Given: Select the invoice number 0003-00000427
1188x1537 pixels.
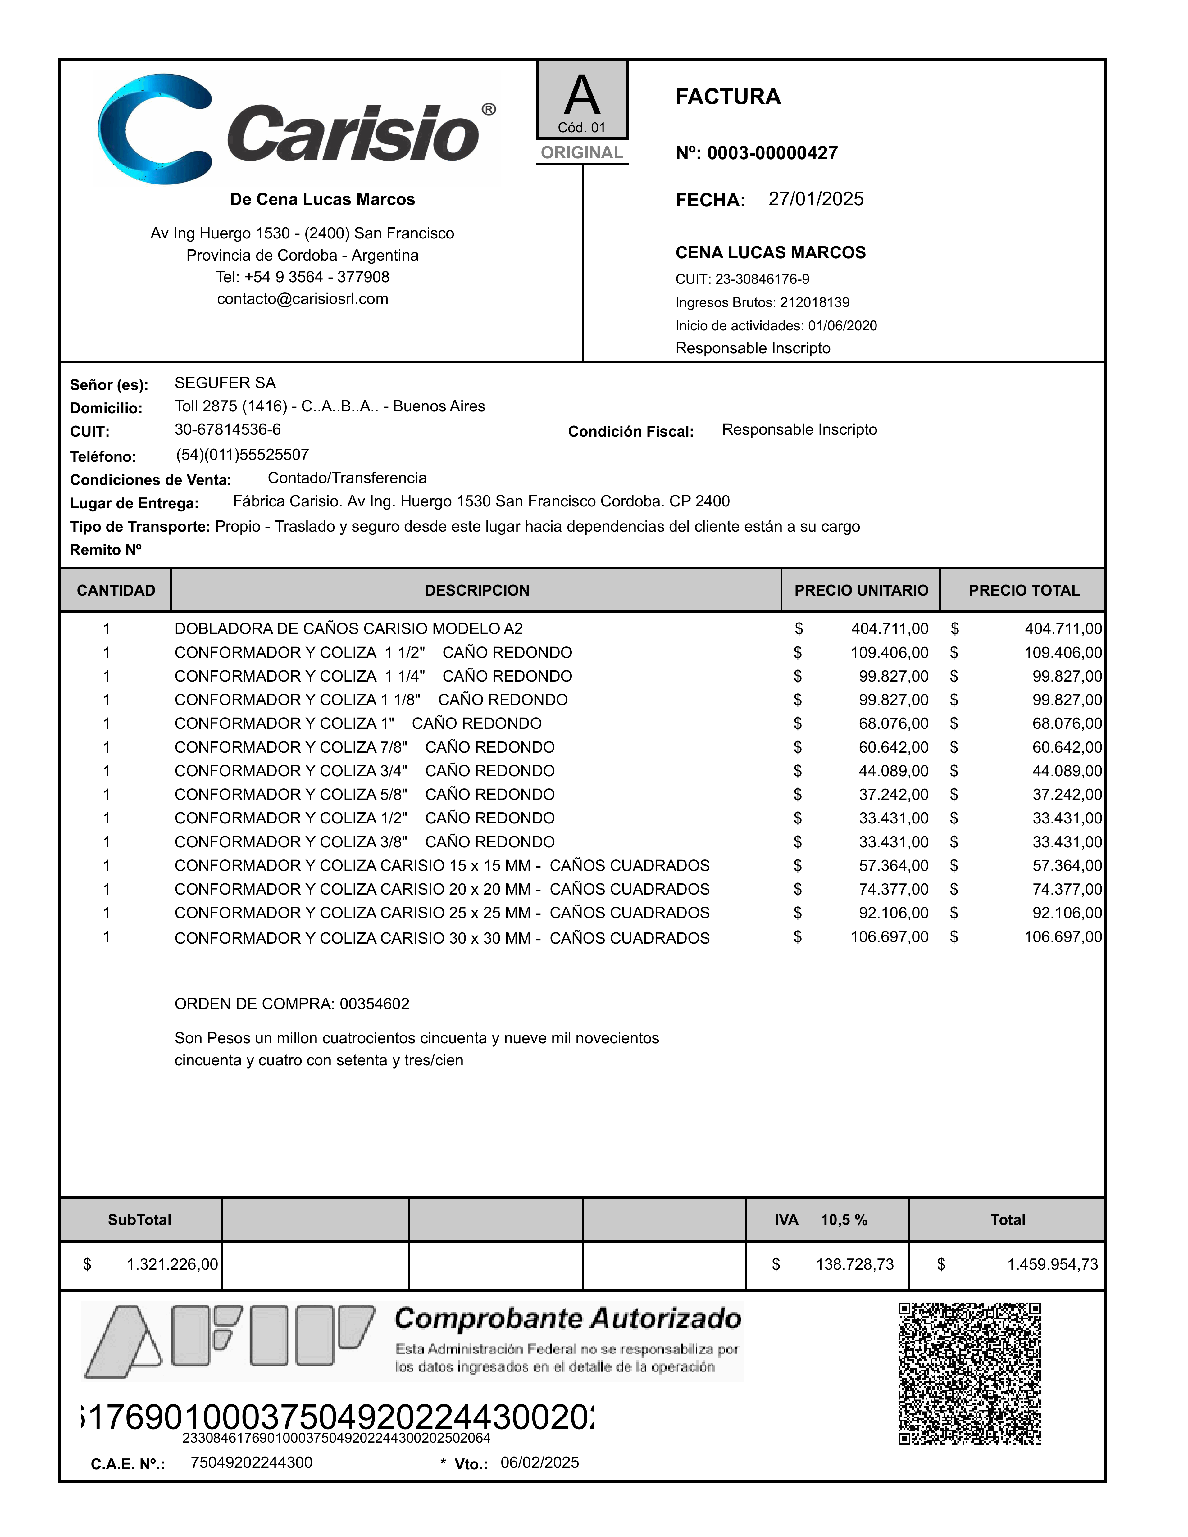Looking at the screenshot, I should (x=772, y=153).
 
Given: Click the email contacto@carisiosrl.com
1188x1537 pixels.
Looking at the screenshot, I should (x=303, y=299).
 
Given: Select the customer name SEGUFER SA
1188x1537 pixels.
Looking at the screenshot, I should (x=225, y=383).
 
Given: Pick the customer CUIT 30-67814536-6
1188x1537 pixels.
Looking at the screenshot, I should (x=227, y=429).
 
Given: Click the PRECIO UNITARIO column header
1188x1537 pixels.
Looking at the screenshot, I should (x=861, y=591).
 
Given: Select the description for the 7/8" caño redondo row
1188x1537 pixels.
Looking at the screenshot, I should (x=365, y=747).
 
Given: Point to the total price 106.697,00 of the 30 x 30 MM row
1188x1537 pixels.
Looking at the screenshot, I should (x=1063, y=937).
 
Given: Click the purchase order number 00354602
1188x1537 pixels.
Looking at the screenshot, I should (x=375, y=1004).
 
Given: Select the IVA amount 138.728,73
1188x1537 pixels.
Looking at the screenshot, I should (x=854, y=1265).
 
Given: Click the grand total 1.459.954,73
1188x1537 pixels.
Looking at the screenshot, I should (x=1052, y=1265).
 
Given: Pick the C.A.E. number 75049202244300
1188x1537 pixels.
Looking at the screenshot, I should (x=251, y=1462).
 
